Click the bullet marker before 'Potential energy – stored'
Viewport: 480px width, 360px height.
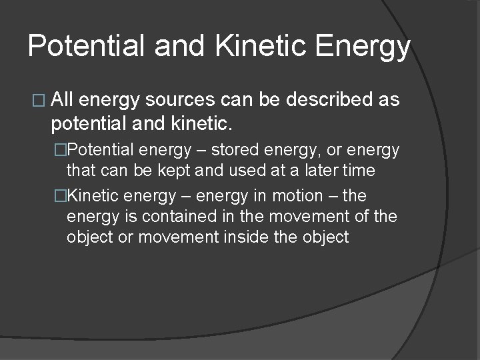tap(61, 151)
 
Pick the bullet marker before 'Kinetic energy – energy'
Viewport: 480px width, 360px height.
tap(61, 196)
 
